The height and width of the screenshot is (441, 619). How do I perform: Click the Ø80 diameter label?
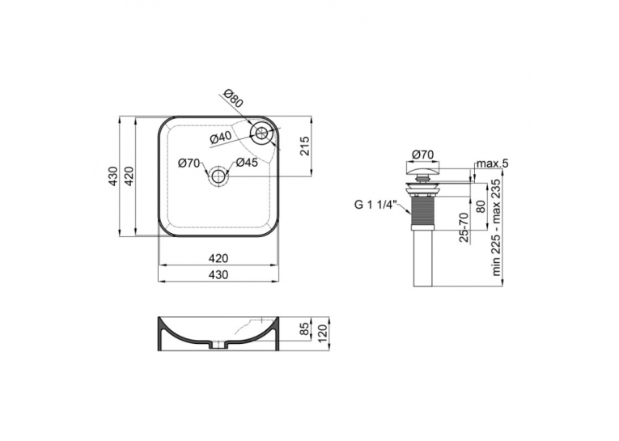(x=232, y=99)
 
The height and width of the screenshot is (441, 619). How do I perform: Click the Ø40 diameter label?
(x=220, y=137)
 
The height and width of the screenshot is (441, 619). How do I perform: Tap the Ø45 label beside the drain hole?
(x=247, y=163)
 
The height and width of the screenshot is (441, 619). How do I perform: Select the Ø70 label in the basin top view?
(x=189, y=163)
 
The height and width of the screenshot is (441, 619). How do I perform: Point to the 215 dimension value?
(x=305, y=146)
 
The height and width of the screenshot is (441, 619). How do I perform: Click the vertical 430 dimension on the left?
(x=113, y=176)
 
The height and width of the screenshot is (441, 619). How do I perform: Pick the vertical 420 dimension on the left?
(x=129, y=176)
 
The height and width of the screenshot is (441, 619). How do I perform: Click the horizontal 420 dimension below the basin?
(x=218, y=258)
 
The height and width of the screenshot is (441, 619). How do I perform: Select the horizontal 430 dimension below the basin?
(x=218, y=274)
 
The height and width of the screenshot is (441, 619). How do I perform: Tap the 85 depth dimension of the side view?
(x=304, y=329)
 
